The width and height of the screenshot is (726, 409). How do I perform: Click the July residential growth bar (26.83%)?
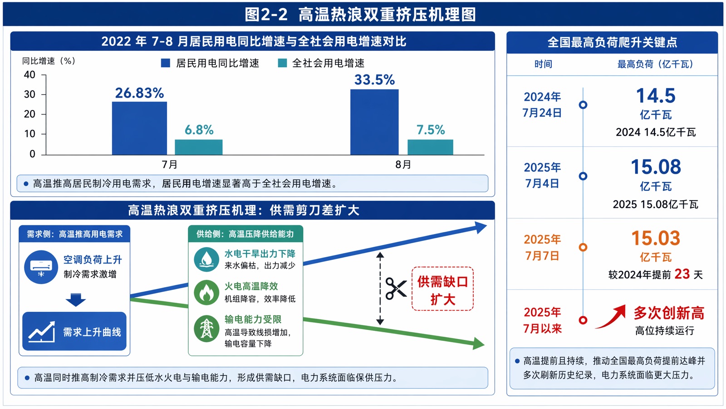[139, 128]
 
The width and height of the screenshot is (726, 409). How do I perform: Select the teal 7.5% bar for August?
[430, 147]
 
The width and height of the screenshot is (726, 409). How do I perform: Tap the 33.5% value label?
[374, 80]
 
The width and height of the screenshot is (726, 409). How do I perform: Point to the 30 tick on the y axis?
[30, 95]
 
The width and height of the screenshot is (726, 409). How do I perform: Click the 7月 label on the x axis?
[170, 165]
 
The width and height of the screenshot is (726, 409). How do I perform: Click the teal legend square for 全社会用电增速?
[282, 63]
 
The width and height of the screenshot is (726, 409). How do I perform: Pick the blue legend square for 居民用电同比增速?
[166, 63]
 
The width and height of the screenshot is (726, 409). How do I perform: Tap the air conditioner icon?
[41, 267]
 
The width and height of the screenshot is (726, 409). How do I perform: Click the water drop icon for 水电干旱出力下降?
[206, 259]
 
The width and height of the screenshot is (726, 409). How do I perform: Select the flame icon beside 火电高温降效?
[206, 292]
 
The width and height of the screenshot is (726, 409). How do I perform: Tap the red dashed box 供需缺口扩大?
[442, 289]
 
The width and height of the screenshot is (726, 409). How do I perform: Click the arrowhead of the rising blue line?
[481, 227]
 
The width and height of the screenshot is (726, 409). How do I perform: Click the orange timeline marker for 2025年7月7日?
[583, 247]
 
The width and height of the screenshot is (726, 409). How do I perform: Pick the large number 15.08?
[656, 167]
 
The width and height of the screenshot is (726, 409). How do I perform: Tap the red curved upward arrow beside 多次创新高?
[611, 316]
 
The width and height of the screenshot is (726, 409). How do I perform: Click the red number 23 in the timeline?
[682, 274]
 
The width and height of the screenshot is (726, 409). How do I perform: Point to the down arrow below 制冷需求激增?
[75, 300]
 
